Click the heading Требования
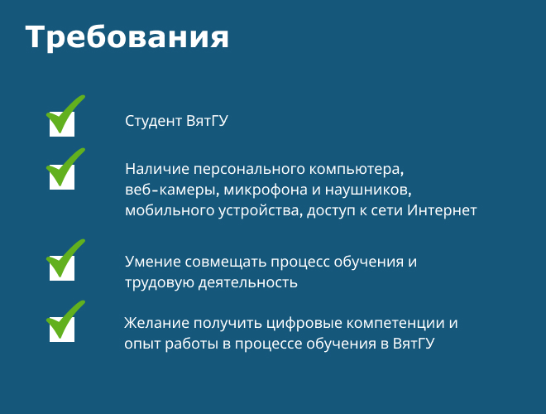tap(127, 37)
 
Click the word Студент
tap(154, 121)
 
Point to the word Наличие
tap(157, 169)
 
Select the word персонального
tap(249, 170)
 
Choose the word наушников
tap(368, 190)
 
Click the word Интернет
tap(442, 210)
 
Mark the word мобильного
tap(170, 210)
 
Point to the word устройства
tap(261, 211)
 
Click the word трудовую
tap(160, 282)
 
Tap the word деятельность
tap(248, 282)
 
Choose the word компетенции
tap(395, 324)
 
